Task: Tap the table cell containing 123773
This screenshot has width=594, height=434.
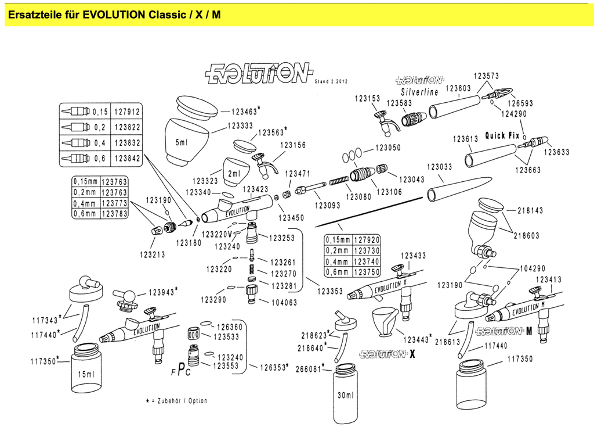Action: coord(114,203)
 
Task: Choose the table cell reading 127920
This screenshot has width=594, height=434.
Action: coord(366,239)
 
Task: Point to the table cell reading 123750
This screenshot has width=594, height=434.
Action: coord(366,272)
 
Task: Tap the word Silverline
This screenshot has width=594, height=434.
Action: coord(419,92)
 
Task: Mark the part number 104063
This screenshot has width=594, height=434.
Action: coord(284,302)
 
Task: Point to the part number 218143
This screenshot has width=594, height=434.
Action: coord(530,210)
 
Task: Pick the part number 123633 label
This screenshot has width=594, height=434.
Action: coord(556,152)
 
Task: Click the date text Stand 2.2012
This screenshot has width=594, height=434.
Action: coord(330,82)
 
